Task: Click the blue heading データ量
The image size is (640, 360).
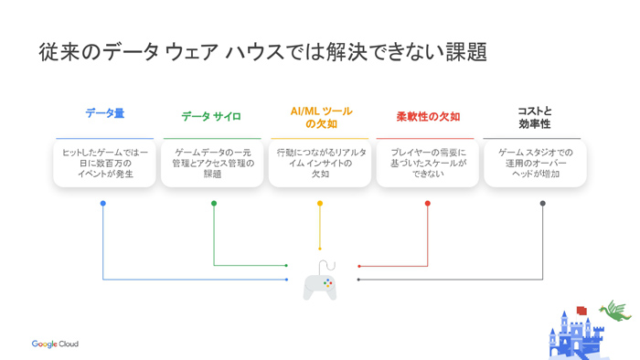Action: [105, 113]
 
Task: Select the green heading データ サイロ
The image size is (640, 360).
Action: [211, 117]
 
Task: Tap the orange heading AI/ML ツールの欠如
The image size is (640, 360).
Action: [321, 117]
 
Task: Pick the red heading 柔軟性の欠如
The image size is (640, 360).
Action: [428, 117]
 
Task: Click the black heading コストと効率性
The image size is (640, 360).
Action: [535, 117]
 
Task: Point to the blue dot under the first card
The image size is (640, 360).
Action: [103, 204]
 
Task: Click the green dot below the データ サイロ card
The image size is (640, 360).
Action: [214, 204]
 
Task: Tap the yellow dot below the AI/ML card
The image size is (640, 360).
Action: [320, 204]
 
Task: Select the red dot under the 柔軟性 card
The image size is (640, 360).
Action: [427, 204]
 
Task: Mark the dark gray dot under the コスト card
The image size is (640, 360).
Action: [543, 204]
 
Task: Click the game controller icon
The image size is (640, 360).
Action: [320, 281]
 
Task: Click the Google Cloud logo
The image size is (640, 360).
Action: [55, 344]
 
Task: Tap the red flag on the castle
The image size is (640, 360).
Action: [581, 311]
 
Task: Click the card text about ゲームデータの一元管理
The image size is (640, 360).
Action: [213, 163]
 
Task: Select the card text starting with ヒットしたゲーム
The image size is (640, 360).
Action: [105, 163]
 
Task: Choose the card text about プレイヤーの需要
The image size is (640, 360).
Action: [428, 163]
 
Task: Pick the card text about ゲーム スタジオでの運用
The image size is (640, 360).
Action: [535, 163]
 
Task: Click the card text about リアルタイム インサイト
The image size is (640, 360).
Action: [321, 163]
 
